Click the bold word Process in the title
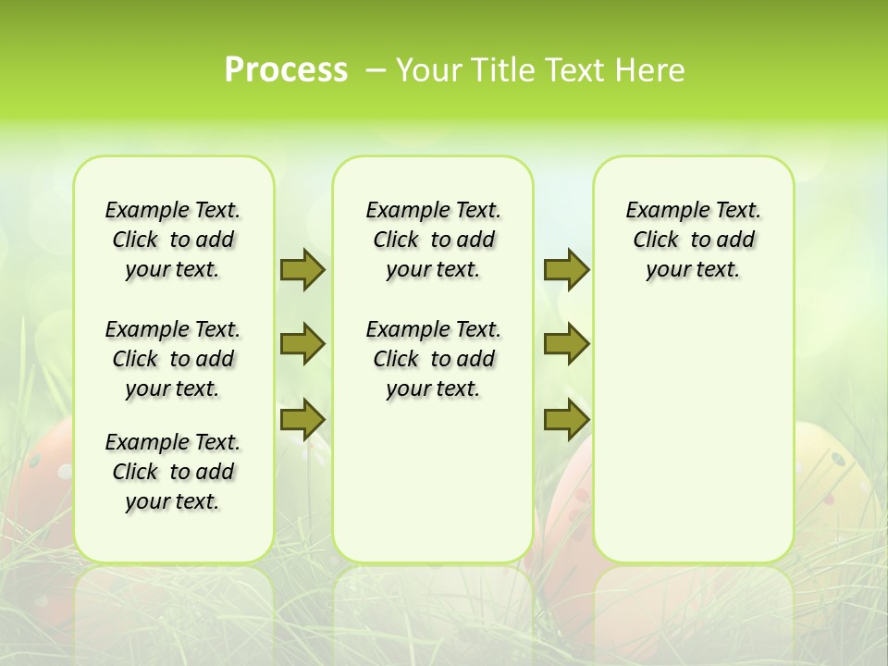tap(286, 69)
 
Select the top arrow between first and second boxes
tap(302, 270)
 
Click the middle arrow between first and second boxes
tap(302, 344)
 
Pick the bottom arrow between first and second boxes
tap(302, 419)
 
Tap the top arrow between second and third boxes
tap(566, 270)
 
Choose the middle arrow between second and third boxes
tap(566, 344)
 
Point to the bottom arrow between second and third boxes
tap(566, 419)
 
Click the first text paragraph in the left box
tap(173, 240)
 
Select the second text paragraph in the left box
tap(173, 359)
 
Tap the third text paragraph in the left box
tap(173, 472)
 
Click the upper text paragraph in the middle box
tap(433, 240)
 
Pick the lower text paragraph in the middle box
tap(433, 359)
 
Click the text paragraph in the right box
tap(693, 240)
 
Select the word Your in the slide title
tap(427, 70)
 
